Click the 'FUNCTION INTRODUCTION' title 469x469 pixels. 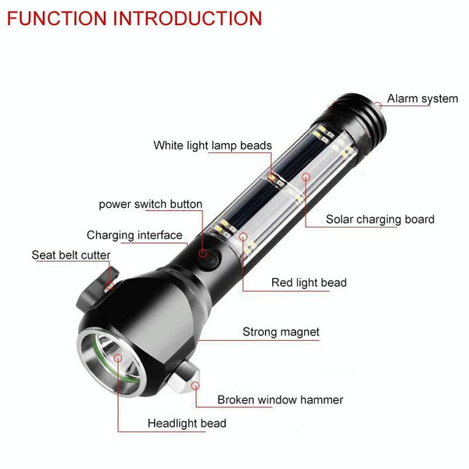(134, 18)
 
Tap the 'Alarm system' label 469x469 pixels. (422, 98)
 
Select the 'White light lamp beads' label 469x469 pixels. (213, 145)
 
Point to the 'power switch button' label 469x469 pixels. (150, 204)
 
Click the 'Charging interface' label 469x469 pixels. (134, 235)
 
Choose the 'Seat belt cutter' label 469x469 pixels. (71, 255)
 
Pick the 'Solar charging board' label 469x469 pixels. (380, 219)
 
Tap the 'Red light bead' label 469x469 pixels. (309, 283)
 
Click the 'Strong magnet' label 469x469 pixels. (281, 332)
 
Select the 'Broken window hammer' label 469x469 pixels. (280, 400)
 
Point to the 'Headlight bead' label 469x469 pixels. (187, 424)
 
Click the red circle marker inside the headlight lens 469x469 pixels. (119, 358)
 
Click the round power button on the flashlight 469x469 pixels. (209, 259)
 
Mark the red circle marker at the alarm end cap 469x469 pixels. (378, 106)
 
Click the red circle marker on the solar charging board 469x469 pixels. (306, 177)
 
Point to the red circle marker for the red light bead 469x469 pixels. (244, 237)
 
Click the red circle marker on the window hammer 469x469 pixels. (195, 385)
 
